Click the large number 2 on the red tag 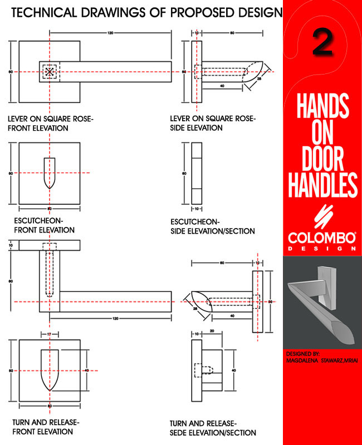(322, 43)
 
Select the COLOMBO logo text (322, 238)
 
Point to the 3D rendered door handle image (322, 303)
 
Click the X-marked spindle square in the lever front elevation (50, 72)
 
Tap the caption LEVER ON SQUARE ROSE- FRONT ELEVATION (50, 123)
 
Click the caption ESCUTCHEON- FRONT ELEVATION (45, 225)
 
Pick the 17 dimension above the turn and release (50, 334)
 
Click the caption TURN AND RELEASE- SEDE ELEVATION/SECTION (213, 428)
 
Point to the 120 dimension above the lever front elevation (110, 34)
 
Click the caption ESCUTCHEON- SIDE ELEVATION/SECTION (213, 226)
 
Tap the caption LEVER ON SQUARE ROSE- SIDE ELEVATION (213, 123)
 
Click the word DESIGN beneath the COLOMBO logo (322, 249)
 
